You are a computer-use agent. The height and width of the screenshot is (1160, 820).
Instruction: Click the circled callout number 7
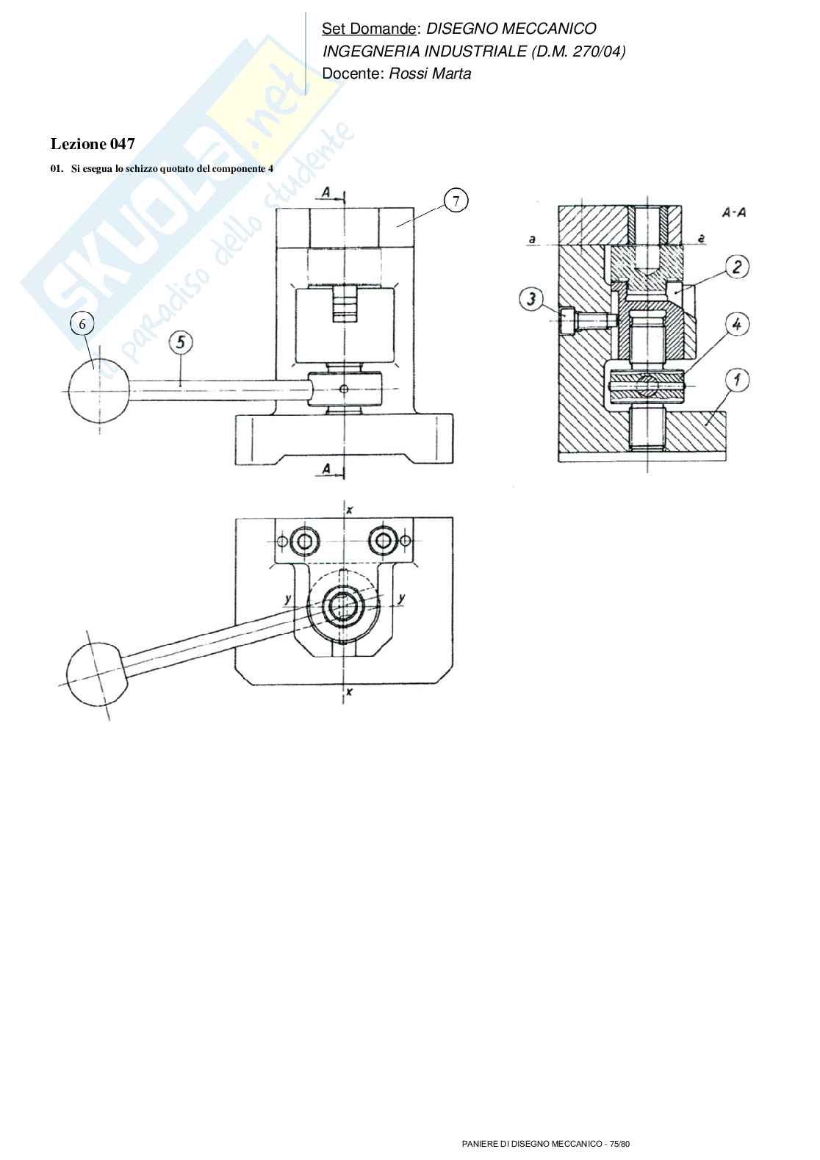point(456,201)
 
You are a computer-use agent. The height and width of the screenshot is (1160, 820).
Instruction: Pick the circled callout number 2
point(736,267)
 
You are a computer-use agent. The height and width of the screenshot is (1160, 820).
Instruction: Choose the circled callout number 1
point(736,380)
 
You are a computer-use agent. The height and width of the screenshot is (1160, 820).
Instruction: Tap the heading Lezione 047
point(93,144)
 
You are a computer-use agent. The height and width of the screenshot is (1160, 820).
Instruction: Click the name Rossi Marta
point(430,73)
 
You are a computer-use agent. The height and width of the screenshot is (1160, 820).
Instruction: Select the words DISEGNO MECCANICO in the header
point(511,29)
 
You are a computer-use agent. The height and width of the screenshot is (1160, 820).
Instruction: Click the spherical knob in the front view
point(98,391)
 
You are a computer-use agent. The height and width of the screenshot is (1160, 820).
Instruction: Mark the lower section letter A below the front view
point(326,468)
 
